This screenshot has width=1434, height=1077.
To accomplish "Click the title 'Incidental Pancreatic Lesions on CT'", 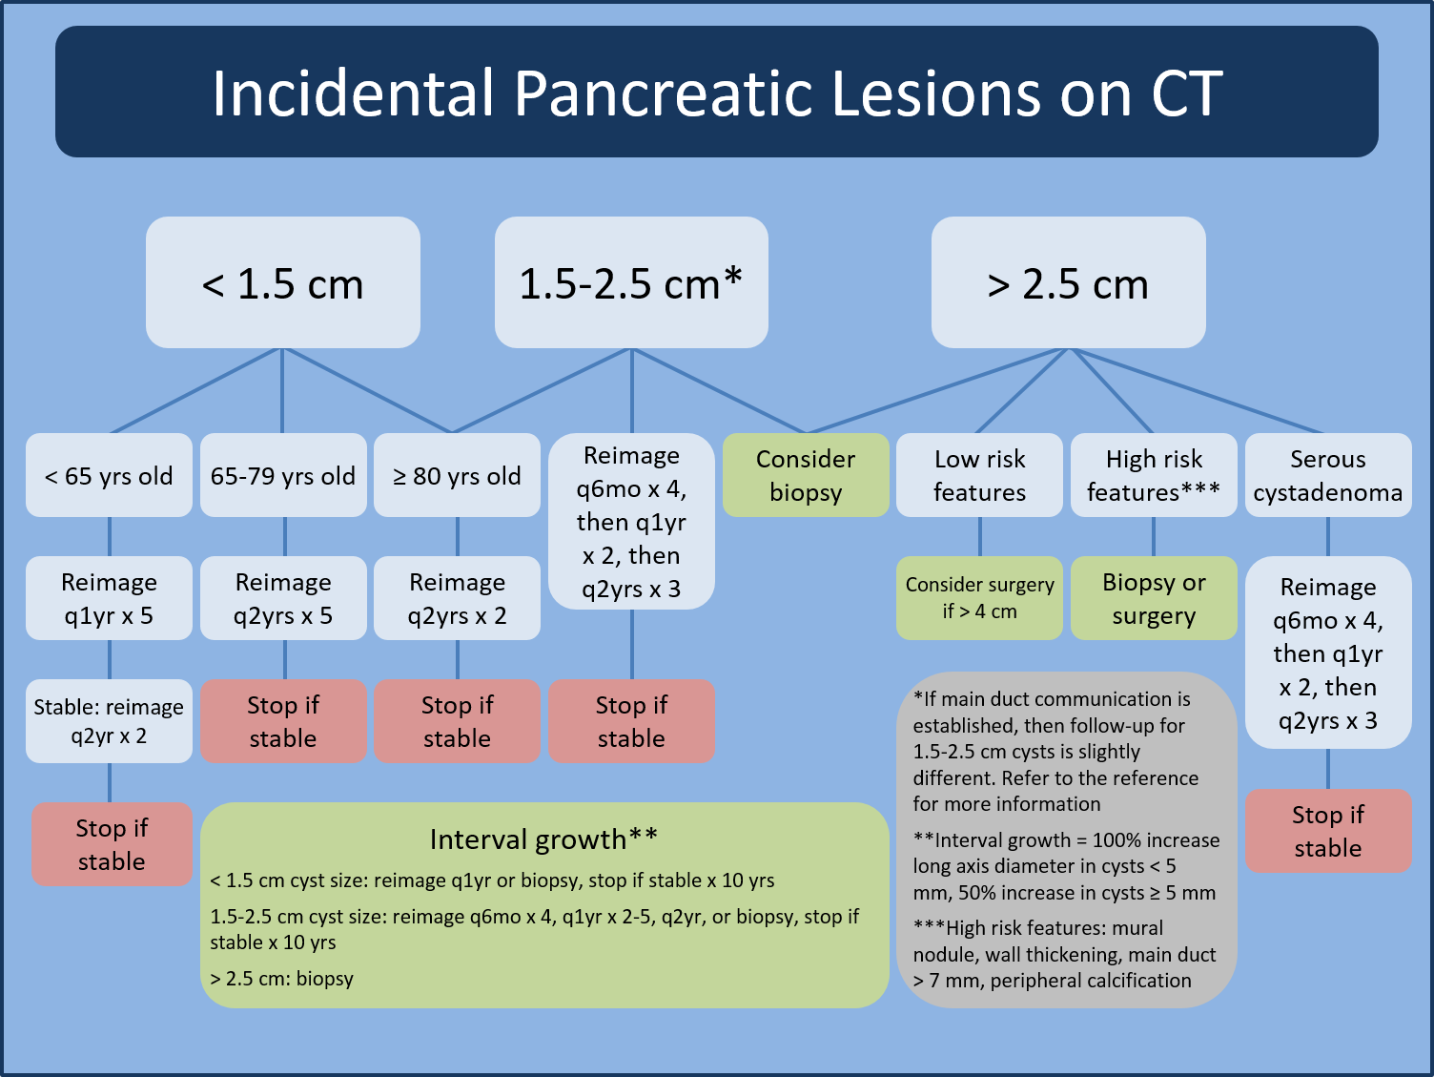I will tap(717, 93).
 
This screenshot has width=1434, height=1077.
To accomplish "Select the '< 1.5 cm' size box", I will tap(282, 283).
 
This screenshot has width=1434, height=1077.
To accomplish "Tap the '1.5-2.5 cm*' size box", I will tap(631, 283).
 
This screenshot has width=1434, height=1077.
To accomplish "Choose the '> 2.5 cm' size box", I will tap(1068, 283).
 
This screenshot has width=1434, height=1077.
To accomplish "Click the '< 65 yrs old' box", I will tap(109, 476).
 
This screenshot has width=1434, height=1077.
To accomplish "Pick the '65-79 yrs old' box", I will tap(283, 476).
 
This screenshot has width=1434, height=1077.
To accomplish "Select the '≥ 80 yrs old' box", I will tap(457, 476).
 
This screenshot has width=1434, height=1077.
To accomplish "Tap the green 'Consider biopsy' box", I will tap(806, 476).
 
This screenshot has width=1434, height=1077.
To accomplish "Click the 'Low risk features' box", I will tap(979, 476).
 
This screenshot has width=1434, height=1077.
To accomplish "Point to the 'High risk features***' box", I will tap(1154, 476).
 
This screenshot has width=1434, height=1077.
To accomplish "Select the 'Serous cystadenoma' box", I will tap(1327, 476).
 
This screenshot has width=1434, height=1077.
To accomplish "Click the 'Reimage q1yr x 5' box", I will tap(109, 598).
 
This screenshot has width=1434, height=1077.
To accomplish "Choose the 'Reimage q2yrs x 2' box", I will tap(457, 598).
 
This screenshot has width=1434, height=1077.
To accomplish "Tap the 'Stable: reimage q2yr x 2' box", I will tap(109, 721).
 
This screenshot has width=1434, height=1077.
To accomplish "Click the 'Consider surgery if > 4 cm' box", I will tap(979, 598).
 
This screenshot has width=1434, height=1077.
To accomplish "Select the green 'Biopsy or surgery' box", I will tap(1154, 598).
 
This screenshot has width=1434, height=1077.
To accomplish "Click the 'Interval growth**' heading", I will tap(543, 839).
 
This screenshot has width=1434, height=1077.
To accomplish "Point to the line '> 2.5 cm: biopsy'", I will tap(282, 979).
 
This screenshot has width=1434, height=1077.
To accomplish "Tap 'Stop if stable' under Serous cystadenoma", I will tap(1327, 831).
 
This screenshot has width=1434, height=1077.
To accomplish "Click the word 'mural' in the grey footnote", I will tap(1139, 928).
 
